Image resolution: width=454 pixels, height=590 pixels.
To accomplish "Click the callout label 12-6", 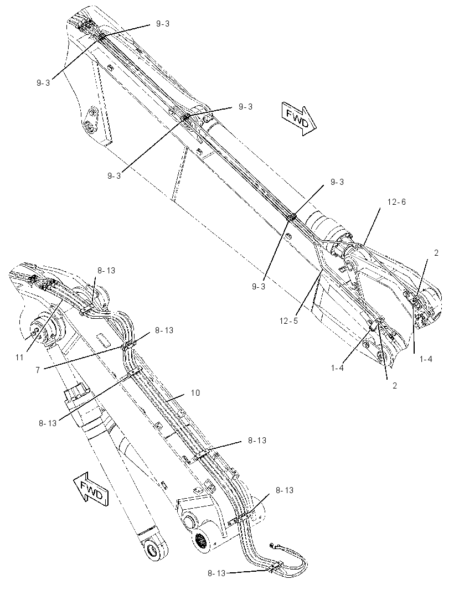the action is point(396,202).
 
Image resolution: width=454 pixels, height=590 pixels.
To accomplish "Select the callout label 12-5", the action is point(288,321).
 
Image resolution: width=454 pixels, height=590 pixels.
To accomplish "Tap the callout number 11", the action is point(19,358).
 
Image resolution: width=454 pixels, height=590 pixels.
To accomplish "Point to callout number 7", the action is point(38,370).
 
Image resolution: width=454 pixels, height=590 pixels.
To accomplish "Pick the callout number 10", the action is point(195,393).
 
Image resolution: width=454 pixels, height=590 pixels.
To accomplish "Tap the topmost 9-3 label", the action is point(163,24).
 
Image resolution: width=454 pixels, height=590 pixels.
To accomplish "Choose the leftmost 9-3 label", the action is point(43,83).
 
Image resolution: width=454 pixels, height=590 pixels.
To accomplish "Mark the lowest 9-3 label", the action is point(259,286).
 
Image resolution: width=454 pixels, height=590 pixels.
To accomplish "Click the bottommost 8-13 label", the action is point(216,573).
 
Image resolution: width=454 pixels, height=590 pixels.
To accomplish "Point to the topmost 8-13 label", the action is point(106,270).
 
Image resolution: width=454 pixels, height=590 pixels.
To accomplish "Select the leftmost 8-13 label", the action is point(48,423).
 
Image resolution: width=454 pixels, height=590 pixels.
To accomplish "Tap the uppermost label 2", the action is point(436,253).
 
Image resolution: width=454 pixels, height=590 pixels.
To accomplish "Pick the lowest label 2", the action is point(395,386).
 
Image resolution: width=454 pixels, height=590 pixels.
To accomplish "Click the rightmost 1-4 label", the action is point(426,359).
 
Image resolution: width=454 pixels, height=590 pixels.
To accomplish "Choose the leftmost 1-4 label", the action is point(337,368).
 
